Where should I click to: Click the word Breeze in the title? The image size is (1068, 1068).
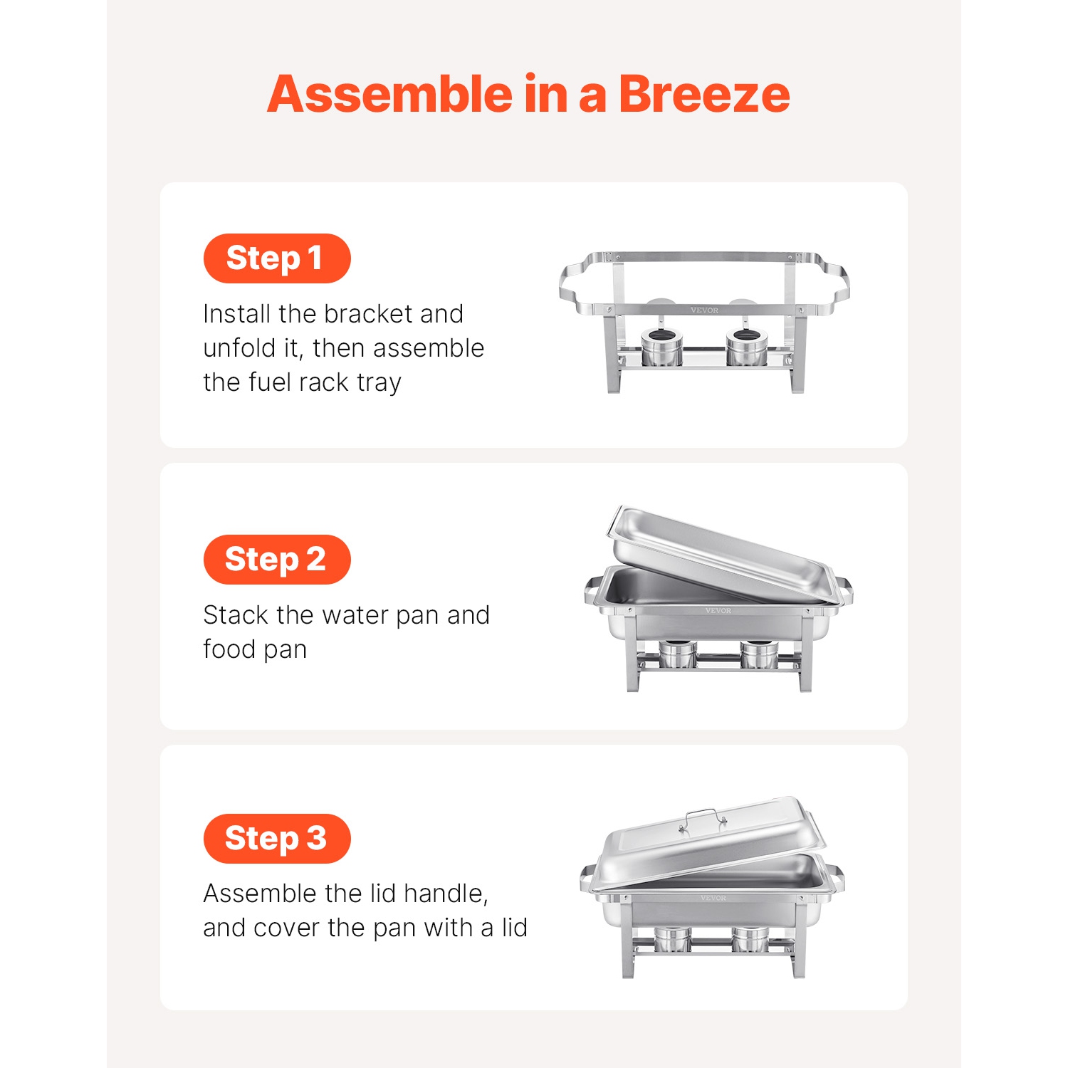click(x=703, y=94)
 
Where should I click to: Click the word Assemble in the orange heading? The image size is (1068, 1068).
click(x=389, y=94)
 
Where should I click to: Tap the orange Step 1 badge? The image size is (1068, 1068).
click(x=276, y=258)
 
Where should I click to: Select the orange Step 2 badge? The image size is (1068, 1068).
click(x=276, y=560)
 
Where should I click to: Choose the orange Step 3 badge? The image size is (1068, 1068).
click(x=276, y=839)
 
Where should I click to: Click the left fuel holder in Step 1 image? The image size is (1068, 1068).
click(x=662, y=347)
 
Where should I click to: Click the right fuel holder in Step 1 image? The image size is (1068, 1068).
click(x=747, y=347)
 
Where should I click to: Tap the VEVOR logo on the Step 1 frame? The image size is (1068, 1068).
click(x=704, y=310)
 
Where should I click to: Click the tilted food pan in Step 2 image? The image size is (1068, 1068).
click(x=719, y=555)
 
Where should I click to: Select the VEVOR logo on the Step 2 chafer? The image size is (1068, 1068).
click(x=718, y=611)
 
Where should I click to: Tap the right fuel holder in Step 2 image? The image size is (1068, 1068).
click(x=760, y=654)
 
